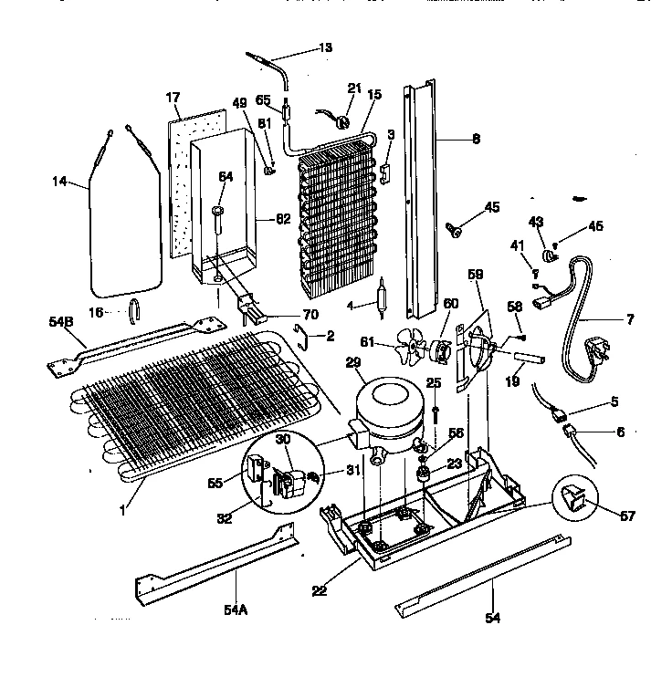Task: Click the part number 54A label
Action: (236, 609)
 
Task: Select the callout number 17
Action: (173, 96)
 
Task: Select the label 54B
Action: (59, 320)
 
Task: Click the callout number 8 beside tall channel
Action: (476, 140)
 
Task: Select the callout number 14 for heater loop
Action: (59, 182)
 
